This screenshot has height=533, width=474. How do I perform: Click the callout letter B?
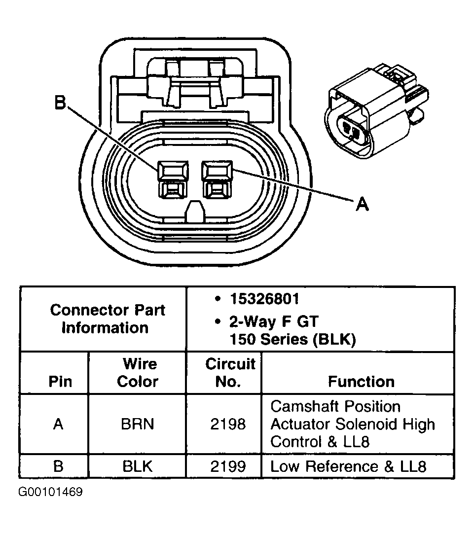(x=60, y=103)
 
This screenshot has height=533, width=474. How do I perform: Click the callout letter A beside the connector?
(x=362, y=204)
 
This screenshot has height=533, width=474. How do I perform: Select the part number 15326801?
(x=264, y=299)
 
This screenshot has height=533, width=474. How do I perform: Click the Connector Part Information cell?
(x=108, y=319)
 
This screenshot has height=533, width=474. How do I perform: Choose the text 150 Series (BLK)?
(x=292, y=340)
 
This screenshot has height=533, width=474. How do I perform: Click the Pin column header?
(x=60, y=382)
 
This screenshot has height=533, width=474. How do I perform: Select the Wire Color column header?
(x=138, y=373)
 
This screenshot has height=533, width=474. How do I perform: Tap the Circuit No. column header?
(x=230, y=373)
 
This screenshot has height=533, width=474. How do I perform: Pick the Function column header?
(x=361, y=382)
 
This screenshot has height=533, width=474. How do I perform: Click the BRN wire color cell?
(x=138, y=424)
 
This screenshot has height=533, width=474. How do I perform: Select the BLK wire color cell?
(x=138, y=466)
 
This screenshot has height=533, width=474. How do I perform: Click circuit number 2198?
(x=227, y=424)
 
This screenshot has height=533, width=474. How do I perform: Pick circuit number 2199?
(x=227, y=466)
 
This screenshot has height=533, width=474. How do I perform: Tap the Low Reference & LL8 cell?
(x=348, y=466)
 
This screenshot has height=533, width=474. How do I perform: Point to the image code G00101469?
(x=50, y=492)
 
